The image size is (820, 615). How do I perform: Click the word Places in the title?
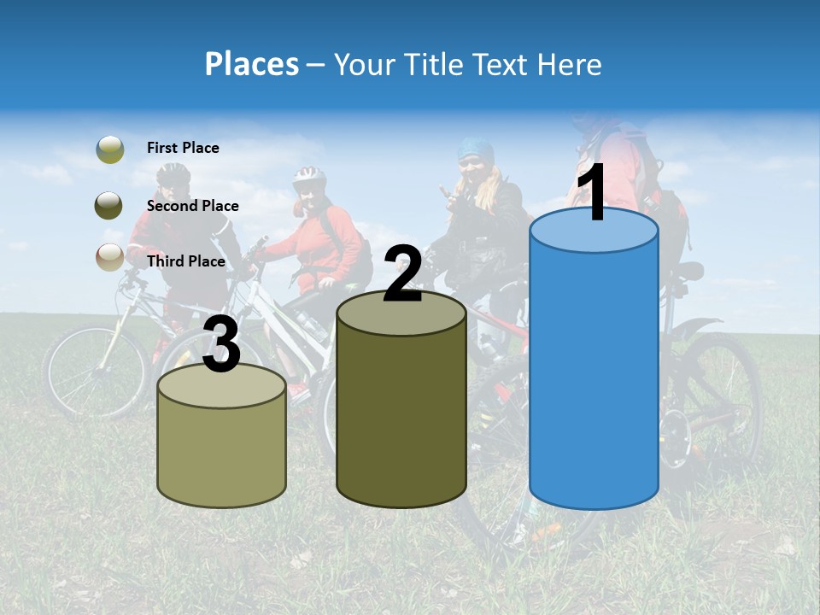pyautogui.click(x=251, y=64)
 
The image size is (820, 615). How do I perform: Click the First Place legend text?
pyautogui.click(x=183, y=148)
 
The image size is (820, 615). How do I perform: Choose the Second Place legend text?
pyautogui.click(x=192, y=206)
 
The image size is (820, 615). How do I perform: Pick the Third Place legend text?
pyautogui.click(x=186, y=261)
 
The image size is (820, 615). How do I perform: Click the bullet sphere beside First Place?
pyautogui.click(x=110, y=149)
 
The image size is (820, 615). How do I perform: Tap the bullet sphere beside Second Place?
pyautogui.click(x=108, y=205)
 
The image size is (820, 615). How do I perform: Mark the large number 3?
pyautogui.click(x=222, y=344)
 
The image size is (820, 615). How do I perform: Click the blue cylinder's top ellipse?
pyautogui.click(x=594, y=231)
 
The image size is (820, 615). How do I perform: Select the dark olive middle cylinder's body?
pyautogui.click(x=401, y=419)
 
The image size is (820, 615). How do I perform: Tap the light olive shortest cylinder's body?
pyautogui.click(x=222, y=453)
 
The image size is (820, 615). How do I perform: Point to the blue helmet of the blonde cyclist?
pyautogui.click(x=474, y=150)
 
